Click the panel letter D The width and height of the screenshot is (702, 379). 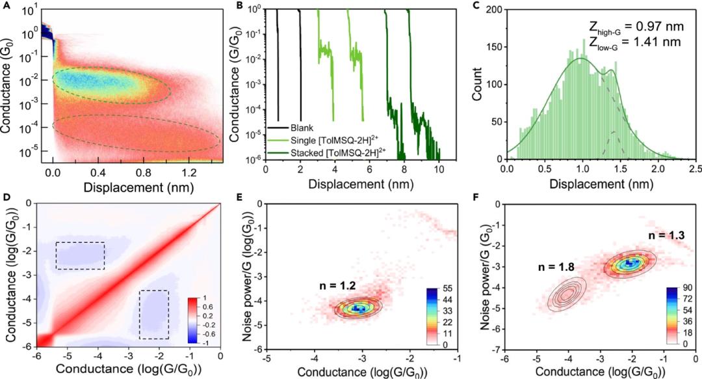tap(5, 196)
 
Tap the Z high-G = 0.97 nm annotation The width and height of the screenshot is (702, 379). tap(628, 29)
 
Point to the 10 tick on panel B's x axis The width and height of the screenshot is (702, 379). tap(438, 170)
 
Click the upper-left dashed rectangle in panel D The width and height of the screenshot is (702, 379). tap(80, 255)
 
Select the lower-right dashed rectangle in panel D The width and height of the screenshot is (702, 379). tap(154, 314)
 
